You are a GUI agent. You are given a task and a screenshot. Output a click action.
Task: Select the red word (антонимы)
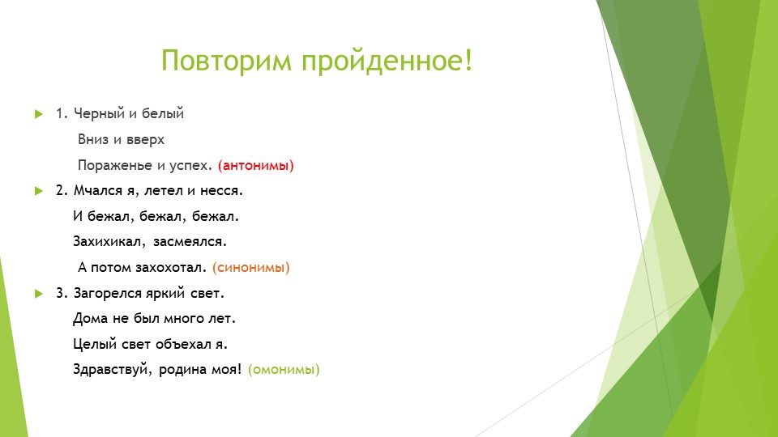(x=256, y=165)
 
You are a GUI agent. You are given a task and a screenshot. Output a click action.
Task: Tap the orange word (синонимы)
(x=251, y=267)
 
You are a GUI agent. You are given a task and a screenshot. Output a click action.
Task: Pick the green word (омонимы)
(x=284, y=370)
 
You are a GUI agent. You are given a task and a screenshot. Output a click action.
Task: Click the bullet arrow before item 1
(x=37, y=114)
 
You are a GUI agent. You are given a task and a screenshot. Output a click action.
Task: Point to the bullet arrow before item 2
(x=37, y=191)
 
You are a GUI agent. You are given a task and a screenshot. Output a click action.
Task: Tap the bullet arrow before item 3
(x=37, y=293)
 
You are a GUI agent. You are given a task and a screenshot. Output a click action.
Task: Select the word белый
(x=165, y=114)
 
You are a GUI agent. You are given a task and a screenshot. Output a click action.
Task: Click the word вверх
(x=146, y=139)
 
